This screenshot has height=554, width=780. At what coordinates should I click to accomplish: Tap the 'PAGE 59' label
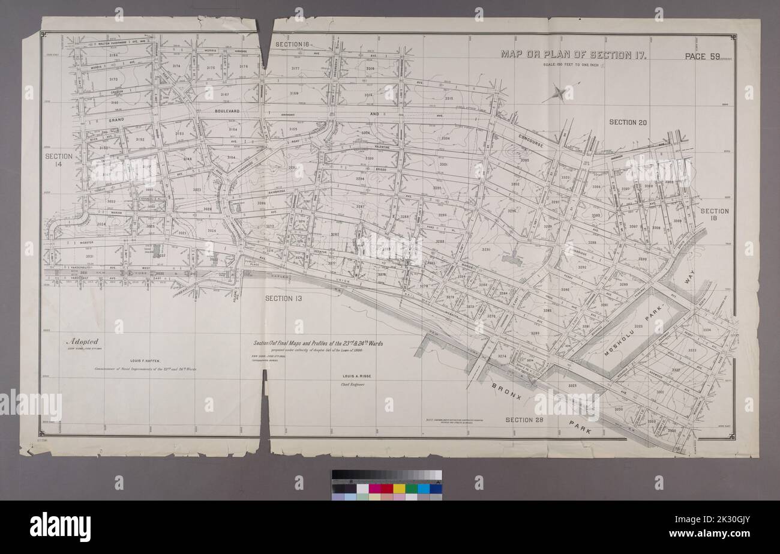[x=702, y=56]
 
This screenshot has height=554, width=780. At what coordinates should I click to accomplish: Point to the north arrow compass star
[x=559, y=93]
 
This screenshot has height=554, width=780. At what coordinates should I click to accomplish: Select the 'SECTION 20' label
[x=628, y=122]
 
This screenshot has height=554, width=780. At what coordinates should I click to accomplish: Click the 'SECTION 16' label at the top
[x=292, y=45]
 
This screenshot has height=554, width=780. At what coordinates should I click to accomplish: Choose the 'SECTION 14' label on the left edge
[x=59, y=160]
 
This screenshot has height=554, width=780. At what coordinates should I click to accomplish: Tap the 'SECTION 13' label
[x=286, y=298]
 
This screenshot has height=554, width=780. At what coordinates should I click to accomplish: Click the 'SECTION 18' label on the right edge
[x=714, y=215]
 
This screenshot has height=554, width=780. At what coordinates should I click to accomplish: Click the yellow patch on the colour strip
[x=399, y=488]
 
